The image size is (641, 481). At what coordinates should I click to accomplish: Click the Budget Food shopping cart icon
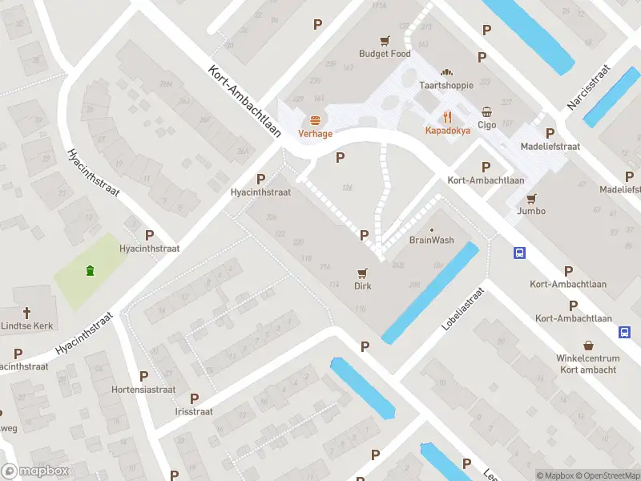coord(385,40)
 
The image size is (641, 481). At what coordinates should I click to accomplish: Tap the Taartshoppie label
coord(447,84)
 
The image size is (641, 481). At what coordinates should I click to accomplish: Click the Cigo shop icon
coord(487,111)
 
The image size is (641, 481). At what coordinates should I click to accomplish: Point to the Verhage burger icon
coord(316,120)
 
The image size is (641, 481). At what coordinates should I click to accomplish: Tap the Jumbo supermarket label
coord(531,211)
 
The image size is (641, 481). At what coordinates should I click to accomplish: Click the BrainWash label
coord(432,240)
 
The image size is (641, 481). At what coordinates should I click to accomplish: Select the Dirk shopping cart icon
coord(363,273)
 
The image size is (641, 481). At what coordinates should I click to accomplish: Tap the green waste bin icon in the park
coord(90,270)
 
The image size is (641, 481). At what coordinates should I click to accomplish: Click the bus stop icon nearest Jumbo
coord(520,253)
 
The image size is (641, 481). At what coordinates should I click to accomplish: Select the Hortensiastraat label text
coord(143,390)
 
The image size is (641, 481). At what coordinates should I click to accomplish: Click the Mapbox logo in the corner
coord(35,471)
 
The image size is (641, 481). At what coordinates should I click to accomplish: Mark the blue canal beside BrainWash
coord(430,293)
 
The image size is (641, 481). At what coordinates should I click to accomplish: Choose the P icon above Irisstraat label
coord(194,398)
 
